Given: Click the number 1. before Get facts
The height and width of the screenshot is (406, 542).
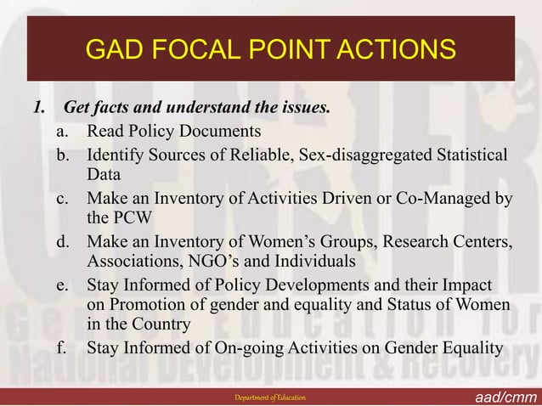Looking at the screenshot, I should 37,110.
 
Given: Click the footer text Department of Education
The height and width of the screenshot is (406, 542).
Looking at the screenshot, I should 271,398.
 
